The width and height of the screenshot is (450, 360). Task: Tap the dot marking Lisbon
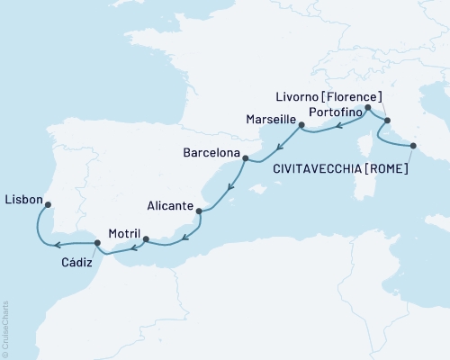(x=48, y=203)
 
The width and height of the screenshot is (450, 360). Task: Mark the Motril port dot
(x=146, y=239)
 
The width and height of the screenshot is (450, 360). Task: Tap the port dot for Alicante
(x=198, y=211)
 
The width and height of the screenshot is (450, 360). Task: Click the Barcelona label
(x=213, y=153)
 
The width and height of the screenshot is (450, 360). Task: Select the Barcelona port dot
(x=244, y=158)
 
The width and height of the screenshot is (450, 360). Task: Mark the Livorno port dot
(x=387, y=121)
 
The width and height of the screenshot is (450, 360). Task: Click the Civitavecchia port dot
(x=413, y=145)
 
